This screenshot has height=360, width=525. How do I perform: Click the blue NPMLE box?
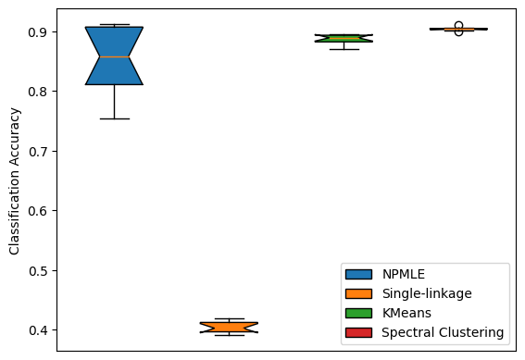[x=114, y=56]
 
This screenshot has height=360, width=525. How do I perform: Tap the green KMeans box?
[x=344, y=38]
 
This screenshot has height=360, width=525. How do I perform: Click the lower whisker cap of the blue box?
[x=114, y=118]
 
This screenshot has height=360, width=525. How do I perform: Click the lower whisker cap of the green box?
[x=344, y=49]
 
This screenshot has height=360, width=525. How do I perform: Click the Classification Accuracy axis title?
[x=14, y=179]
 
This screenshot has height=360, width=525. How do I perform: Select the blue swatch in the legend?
[x=358, y=274]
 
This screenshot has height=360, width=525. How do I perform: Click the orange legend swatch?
[x=358, y=293]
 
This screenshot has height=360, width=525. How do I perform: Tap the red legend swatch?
[x=358, y=331]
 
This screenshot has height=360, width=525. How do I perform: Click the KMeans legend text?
[x=407, y=313]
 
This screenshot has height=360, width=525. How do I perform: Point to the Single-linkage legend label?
[x=427, y=293]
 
